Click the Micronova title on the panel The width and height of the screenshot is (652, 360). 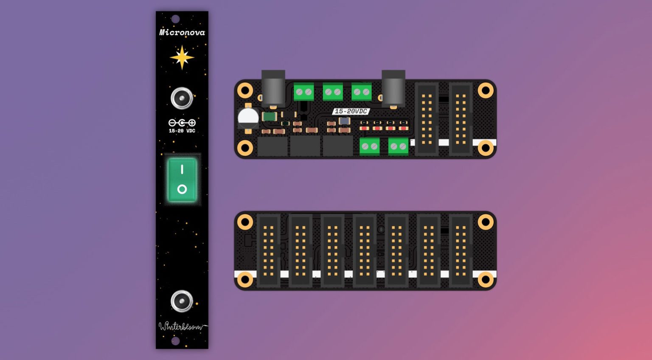pyautogui.click(x=182, y=32)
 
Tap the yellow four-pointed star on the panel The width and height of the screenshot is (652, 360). pyautogui.click(x=182, y=57)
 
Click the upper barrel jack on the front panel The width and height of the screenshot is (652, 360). pyautogui.click(x=182, y=98)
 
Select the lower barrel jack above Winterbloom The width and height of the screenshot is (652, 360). pyautogui.click(x=182, y=301)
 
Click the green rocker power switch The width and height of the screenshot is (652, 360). pyautogui.click(x=182, y=180)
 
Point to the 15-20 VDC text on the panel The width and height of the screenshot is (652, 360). pyautogui.click(x=182, y=131)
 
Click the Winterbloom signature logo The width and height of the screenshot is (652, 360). pyautogui.click(x=183, y=326)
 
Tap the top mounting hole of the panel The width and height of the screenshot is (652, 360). pyautogui.click(x=175, y=19)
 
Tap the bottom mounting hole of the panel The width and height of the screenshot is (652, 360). pyautogui.click(x=175, y=341)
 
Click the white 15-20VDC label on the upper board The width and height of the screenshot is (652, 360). pyautogui.click(x=351, y=111)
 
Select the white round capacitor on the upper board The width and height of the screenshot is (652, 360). pyautogui.click(x=248, y=118)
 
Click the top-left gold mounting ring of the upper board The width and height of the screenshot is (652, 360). pyautogui.click(x=245, y=90)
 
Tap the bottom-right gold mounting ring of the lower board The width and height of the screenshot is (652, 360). pyautogui.click(x=486, y=279)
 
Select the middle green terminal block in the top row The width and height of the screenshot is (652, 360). pyautogui.click(x=333, y=92)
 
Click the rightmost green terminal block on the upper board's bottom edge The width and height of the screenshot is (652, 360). pyautogui.click(x=398, y=146)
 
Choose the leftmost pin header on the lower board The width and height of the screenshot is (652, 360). pyautogui.click(x=268, y=251)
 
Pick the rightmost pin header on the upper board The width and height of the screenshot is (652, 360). pyautogui.click(x=461, y=119)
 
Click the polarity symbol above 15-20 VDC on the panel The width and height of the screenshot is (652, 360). pyautogui.click(x=182, y=123)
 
